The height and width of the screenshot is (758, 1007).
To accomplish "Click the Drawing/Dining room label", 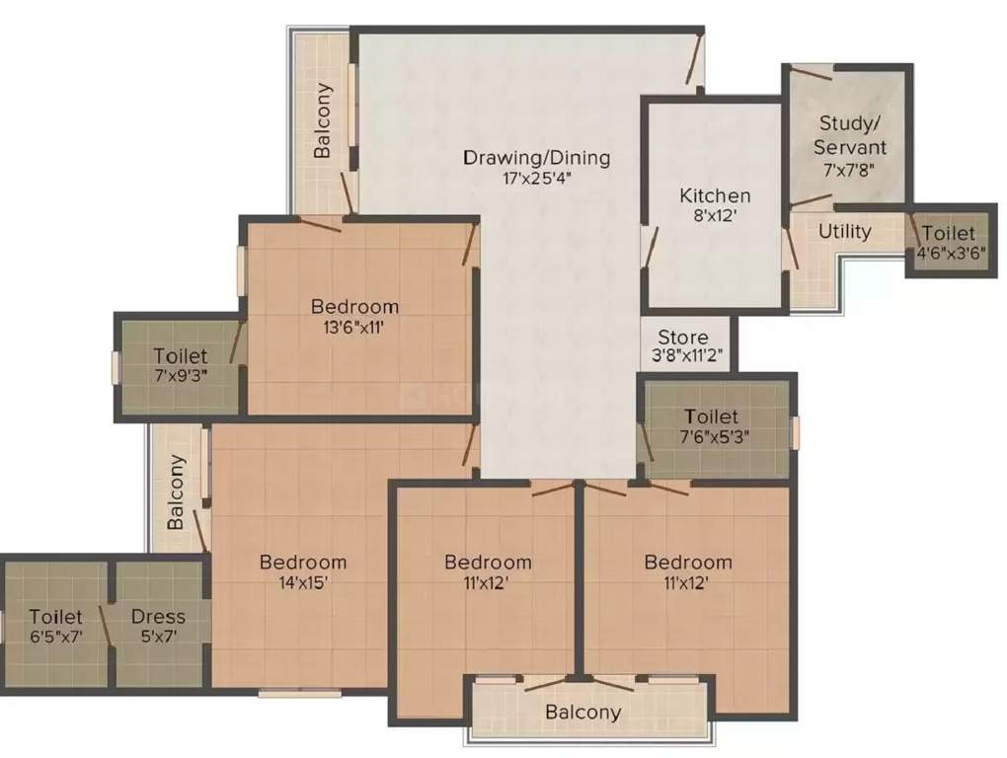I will click(537, 157).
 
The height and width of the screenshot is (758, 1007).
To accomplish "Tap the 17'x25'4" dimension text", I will click(537, 179).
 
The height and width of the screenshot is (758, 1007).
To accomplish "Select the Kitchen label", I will click(715, 195).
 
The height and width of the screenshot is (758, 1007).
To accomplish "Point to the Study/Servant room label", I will click(849, 135).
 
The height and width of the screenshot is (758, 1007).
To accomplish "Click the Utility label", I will click(845, 231).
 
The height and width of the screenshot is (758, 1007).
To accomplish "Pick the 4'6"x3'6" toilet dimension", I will click(948, 253).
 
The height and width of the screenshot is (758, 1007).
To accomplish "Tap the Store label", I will click(683, 338).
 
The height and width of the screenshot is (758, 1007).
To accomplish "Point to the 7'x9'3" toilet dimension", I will click(181, 374).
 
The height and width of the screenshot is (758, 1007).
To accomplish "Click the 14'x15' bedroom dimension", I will click(303, 582).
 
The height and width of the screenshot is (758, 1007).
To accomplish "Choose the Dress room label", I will click(158, 617).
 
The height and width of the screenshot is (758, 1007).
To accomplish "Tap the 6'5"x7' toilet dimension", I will click(55, 637).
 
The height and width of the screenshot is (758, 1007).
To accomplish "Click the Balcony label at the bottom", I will click(584, 712).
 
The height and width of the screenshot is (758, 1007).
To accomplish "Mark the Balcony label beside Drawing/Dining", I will click(323, 119).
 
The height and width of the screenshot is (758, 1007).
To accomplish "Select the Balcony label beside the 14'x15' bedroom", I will click(177, 492).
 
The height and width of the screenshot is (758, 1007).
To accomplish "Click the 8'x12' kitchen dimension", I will click(715, 217).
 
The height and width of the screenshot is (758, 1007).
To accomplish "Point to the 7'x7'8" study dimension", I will click(849, 169).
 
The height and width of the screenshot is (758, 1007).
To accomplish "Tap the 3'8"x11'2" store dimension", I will click(683, 357).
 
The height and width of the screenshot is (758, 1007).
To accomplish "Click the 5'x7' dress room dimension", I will click(158, 637).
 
